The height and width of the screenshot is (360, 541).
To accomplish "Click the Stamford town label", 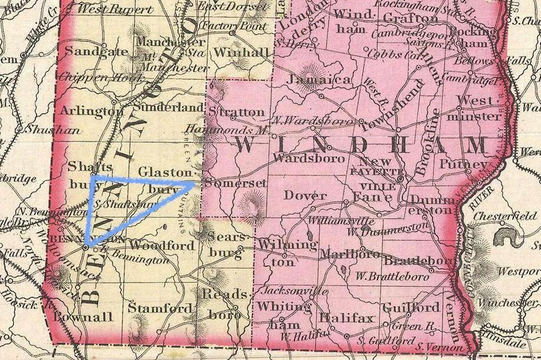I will click(x=160, y=308).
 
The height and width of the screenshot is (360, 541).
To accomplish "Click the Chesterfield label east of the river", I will click(x=510, y=216).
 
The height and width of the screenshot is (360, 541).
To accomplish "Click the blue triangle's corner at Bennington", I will click(x=86, y=246).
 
